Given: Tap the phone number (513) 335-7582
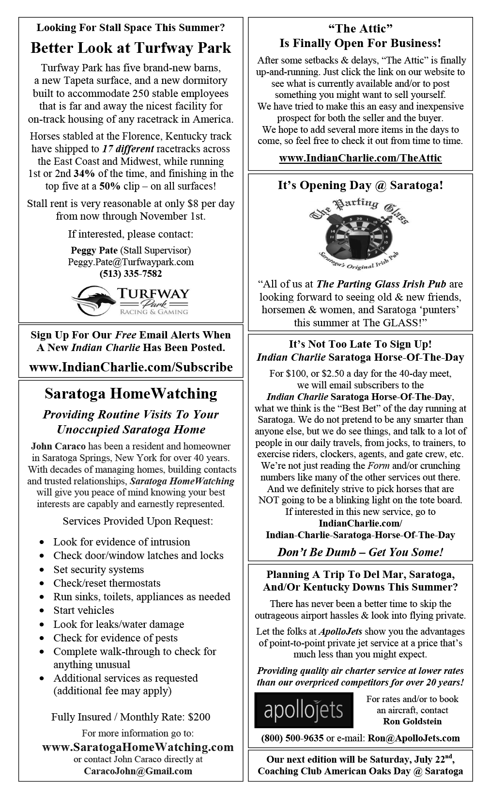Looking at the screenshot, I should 131,274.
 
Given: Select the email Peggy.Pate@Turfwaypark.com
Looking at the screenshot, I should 131,262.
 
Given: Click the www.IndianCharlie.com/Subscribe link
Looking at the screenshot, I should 131,368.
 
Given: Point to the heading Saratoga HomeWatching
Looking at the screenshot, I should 131,394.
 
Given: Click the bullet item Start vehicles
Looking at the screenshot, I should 84,610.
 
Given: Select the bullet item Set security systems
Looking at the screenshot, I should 98,570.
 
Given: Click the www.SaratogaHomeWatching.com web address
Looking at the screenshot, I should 138,747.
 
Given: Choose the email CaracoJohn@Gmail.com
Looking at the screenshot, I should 138,771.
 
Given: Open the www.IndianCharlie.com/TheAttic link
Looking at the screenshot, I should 360,159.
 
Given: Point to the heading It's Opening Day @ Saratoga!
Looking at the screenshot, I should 360,186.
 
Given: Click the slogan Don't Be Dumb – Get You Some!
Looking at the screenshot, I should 360,552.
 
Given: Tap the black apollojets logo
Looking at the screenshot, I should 304,710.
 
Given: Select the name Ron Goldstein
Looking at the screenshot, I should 412,721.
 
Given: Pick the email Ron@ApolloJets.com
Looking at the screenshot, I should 414,738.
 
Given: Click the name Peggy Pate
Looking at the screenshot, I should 94,251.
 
